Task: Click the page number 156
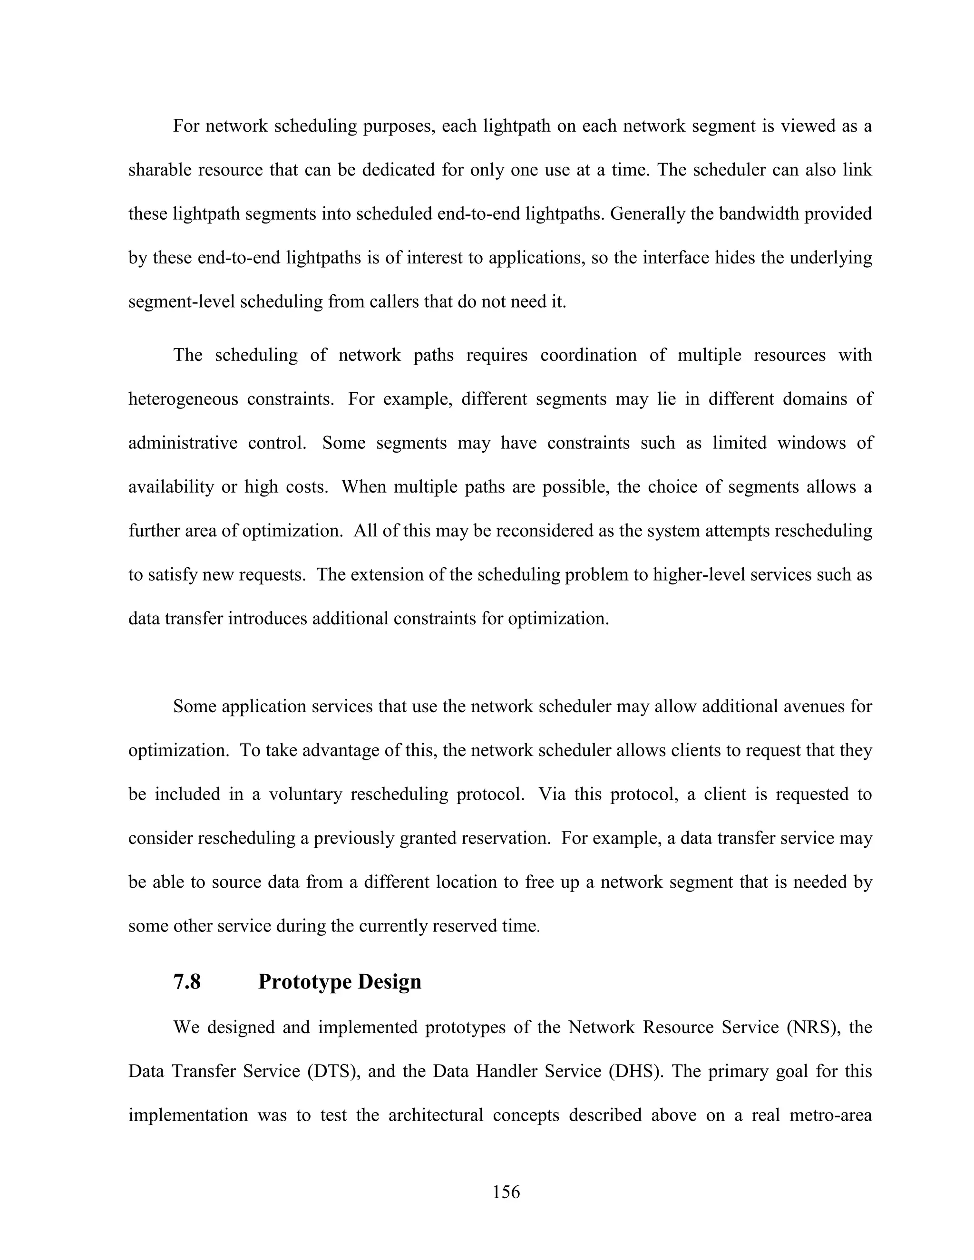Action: coord(506,1192)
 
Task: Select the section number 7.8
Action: coord(187,981)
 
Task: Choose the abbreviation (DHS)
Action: coord(633,1071)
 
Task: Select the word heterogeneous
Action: coord(183,399)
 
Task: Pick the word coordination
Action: coord(588,355)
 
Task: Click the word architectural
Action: coord(436,1115)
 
